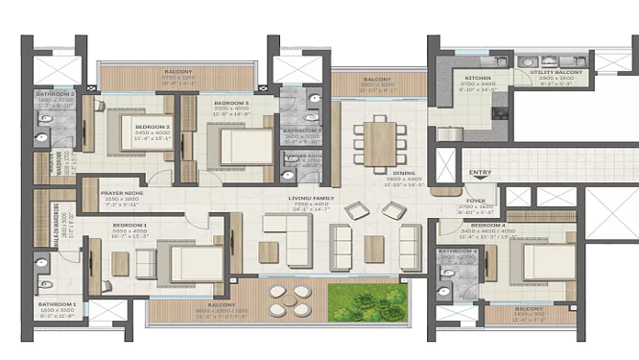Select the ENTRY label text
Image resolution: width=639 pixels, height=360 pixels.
coord(476,174)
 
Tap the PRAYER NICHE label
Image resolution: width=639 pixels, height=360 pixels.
coord(121,193)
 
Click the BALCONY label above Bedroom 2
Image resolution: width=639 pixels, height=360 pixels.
coord(177,71)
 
